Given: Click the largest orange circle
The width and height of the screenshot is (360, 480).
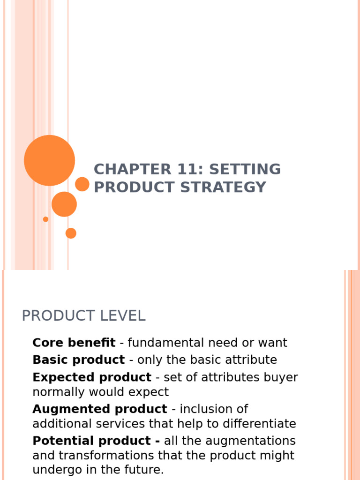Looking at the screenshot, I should [49, 160].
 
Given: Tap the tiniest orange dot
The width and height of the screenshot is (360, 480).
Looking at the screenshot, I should [45, 219].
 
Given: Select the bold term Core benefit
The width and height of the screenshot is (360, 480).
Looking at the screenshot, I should [74, 343].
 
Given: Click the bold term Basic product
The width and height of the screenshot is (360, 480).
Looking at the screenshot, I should [78, 360].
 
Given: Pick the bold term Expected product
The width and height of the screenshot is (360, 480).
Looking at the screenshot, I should [92, 377].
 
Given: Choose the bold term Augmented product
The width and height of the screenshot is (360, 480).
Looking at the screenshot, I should [99, 409].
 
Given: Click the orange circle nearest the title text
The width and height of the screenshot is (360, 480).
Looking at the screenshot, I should [82, 184].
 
